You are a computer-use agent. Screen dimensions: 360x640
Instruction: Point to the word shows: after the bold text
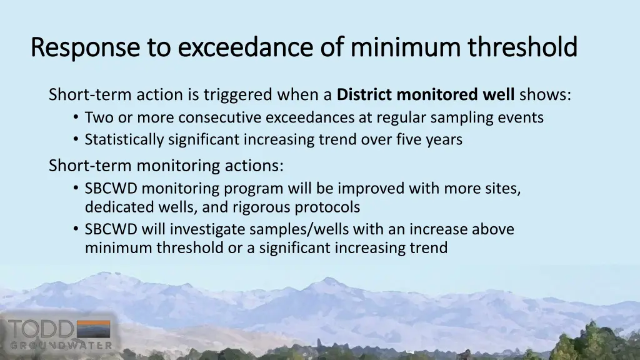(x=545, y=95)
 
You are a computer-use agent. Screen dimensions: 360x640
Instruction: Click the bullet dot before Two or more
(x=76, y=117)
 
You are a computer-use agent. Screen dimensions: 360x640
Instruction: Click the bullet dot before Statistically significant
(x=76, y=140)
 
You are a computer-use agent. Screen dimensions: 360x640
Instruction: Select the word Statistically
(x=124, y=140)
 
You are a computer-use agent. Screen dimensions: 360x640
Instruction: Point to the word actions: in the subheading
(x=256, y=166)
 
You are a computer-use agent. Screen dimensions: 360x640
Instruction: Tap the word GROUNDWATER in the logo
(x=61, y=345)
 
